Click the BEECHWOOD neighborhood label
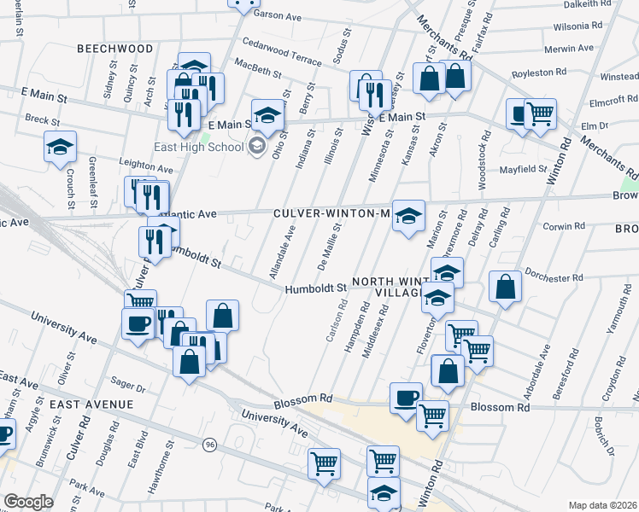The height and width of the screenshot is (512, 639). (115, 49)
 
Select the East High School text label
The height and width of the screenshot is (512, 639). (199, 147)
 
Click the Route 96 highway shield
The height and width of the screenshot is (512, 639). (210, 444)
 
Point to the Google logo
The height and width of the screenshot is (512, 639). (27, 501)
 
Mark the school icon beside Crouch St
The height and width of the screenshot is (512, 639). (60, 147)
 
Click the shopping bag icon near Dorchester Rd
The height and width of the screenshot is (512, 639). (506, 287)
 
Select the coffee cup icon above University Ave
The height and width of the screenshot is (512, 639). (138, 323)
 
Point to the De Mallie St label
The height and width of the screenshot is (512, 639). (329, 245)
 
